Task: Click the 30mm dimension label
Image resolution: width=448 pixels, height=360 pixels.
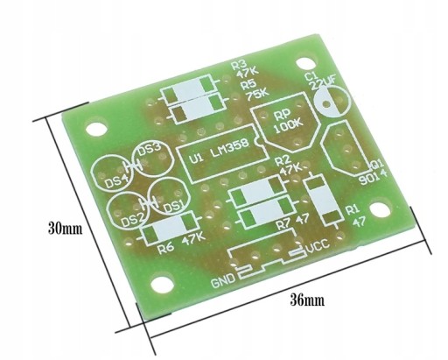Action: (x=65, y=229)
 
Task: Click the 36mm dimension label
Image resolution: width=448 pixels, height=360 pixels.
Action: (x=307, y=300)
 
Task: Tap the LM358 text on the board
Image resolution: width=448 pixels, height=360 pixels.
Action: (x=230, y=149)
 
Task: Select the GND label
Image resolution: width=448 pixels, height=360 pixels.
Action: (x=223, y=280)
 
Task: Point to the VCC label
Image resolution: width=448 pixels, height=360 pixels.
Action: (x=318, y=244)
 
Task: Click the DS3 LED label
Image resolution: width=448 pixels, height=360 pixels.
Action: (x=149, y=151)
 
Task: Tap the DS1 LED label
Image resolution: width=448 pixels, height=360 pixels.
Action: (x=173, y=207)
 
